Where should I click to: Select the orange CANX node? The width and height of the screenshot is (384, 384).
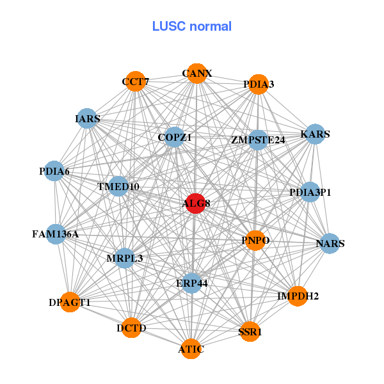pos(196,74)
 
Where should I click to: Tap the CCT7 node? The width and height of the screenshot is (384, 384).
pos(135,82)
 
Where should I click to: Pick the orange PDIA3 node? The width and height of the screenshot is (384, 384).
pos(258,84)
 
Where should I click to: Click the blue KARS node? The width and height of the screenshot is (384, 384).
pos(314,134)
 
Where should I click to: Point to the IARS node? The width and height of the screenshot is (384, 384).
pos(87,119)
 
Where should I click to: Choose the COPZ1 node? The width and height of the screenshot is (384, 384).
pos(174,137)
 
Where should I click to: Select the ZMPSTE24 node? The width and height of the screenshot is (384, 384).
pos(258,140)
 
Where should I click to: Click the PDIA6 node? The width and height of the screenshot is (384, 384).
pos(54,171)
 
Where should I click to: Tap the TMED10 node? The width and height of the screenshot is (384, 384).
pos(119,186)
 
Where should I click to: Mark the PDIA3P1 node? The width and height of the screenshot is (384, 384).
pos(310,192)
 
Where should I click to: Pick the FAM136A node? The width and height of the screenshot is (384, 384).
pos(56,234)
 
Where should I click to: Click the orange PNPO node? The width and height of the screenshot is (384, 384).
pos(255,241)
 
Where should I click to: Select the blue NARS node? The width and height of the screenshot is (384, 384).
pos(330,243)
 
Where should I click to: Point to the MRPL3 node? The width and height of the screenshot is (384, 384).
pos(125,258)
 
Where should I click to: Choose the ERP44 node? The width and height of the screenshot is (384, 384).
pos(191,282)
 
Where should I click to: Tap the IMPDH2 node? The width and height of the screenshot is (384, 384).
pos(298,296)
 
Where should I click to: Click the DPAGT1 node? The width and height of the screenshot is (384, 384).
pos(70,301)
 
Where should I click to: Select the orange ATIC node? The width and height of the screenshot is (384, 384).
pos(191,349)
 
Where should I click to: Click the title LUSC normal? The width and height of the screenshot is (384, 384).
pos(192,27)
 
